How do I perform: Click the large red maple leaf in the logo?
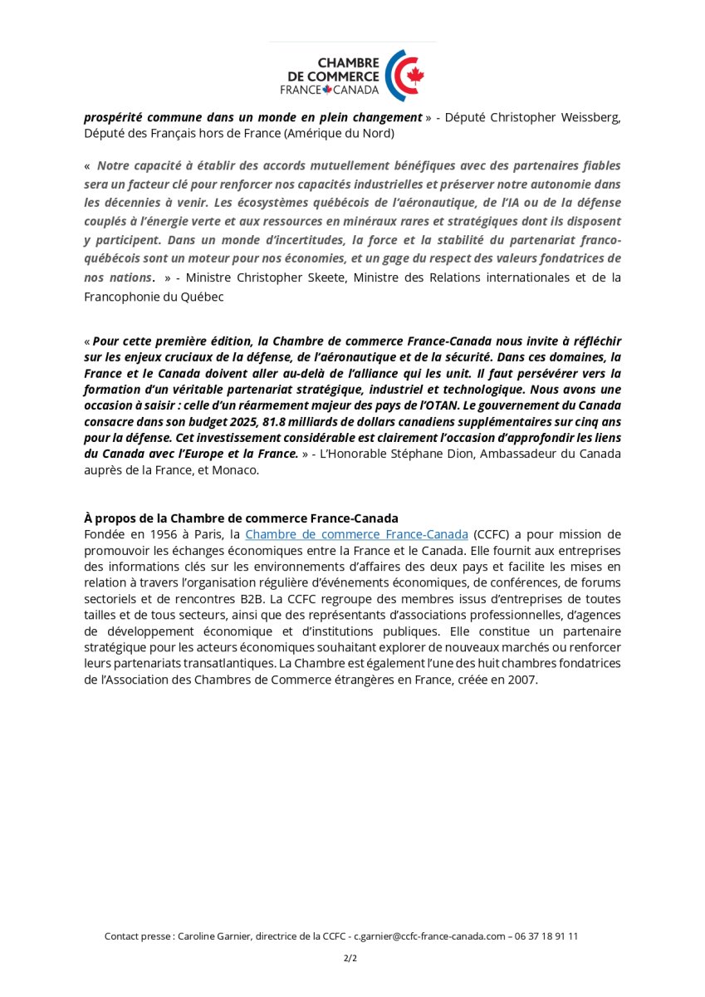coord(415,76)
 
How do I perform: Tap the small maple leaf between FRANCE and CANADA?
coord(327,90)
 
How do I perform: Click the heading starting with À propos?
coord(241,518)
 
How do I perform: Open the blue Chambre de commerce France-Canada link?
coord(356,534)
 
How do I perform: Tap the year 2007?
coord(521,680)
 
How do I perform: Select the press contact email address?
coord(429,936)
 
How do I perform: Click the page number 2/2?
coord(350,958)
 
